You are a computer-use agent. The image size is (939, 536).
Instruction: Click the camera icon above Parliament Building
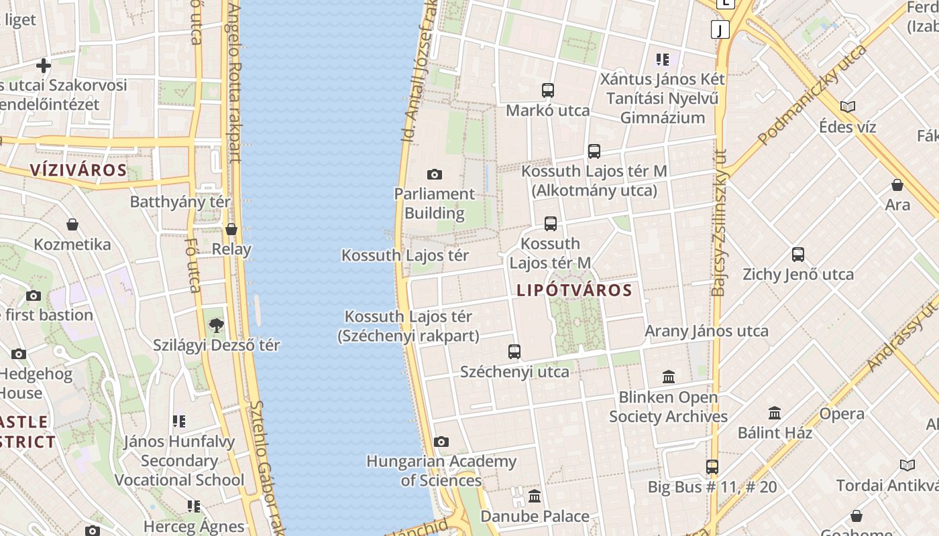click(x=435, y=175)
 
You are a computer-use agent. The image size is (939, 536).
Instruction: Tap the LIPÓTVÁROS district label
click(x=574, y=290)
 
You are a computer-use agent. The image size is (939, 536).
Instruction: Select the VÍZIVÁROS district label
click(x=78, y=170)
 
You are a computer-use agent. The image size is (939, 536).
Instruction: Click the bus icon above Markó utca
click(x=548, y=90)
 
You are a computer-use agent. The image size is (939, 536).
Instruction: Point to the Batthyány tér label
click(x=180, y=202)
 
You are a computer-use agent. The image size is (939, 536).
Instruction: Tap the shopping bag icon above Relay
click(x=231, y=230)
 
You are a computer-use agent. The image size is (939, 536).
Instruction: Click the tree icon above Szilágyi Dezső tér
click(x=216, y=326)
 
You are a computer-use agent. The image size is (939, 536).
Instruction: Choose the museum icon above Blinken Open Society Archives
click(x=669, y=377)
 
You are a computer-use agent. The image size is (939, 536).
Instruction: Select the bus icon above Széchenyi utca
click(x=514, y=352)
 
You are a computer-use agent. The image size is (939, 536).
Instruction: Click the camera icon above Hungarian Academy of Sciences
click(x=441, y=442)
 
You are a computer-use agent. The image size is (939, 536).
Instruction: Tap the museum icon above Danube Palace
click(x=535, y=496)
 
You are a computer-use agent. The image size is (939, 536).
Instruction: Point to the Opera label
click(x=842, y=414)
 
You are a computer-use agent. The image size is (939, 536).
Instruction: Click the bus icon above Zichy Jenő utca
click(x=798, y=255)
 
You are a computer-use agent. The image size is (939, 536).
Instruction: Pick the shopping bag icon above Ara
click(x=897, y=185)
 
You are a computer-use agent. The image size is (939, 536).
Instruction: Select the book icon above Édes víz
click(x=848, y=107)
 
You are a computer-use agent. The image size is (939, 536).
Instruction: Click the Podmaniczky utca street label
click(x=813, y=95)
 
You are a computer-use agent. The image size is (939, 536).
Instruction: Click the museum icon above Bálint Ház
click(x=775, y=413)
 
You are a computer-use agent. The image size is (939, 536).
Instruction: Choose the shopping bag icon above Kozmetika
click(x=72, y=224)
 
